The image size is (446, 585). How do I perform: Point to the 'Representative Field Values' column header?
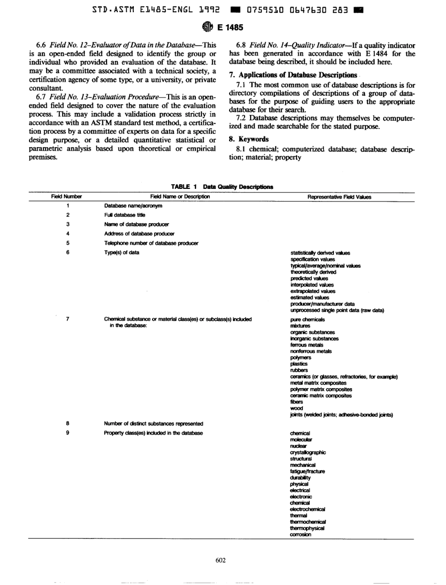pyautogui.click(x=338, y=197)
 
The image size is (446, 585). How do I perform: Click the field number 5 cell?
pyautogui.click(x=68, y=242)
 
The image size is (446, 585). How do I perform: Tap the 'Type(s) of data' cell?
pyautogui.click(x=121, y=252)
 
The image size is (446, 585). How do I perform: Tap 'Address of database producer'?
pyautogui.click(x=139, y=234)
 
